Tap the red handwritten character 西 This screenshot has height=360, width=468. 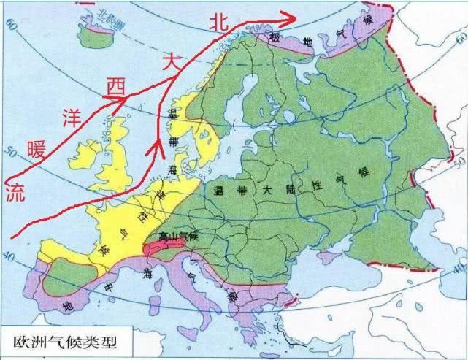pos(116,87)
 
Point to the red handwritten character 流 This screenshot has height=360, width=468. pos(15,192)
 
